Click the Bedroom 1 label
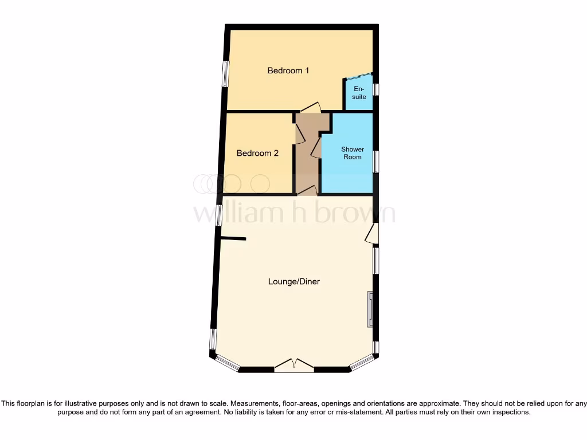point(288,70)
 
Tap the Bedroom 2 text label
point(257,153)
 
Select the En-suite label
point(359,93)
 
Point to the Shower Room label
point(353,153)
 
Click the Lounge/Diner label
point(294,281)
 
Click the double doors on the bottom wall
point(294,366)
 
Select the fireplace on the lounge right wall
point(370,309)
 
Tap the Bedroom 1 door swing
point(310,107)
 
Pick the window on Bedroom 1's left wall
point(225,74)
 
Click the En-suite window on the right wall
point(375,90)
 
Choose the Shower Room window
point(375,161)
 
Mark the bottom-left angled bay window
point(228,363)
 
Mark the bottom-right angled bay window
point(362,362)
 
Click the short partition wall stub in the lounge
point(233,238)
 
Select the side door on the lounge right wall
point(372,234)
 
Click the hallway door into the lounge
point(307,191)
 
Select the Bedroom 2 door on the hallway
point(299,133)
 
